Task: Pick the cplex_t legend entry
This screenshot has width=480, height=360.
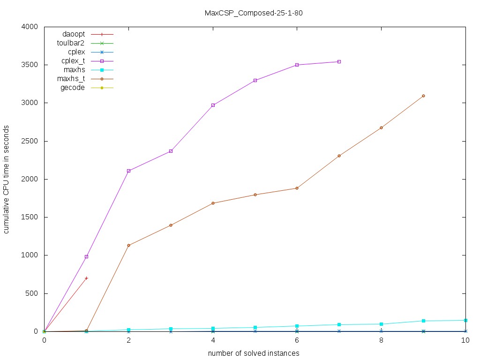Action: pyautogui.click(x=73, y=61)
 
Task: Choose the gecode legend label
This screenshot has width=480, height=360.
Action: pyautogui.click(x=73, y=88)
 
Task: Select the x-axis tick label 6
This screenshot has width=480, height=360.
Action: pyautogui.click(x=297, y=341)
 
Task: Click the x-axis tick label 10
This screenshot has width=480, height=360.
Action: pyautogui.click(x=465, y=341)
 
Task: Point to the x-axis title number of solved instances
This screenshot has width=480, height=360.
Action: pyautogui.click(x=254, y=352)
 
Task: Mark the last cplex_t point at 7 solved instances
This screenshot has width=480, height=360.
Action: pyautogui.click(x=339, y=61)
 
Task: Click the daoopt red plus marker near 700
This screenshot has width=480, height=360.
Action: pyautogui.click(x=86, y=278)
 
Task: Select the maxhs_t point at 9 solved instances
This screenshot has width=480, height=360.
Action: pyautogui.click(x=423, y=96)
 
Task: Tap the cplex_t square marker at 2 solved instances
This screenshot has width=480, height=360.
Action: pyautogui.click(x=128, y=171)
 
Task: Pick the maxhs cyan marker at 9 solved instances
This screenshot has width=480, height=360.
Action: pyautogui.click(x=423, y=321)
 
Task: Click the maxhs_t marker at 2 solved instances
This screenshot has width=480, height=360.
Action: pyautogui.click(x=128, y=245)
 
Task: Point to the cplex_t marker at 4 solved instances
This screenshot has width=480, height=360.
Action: pyautogui.click(x=213, y=105)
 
